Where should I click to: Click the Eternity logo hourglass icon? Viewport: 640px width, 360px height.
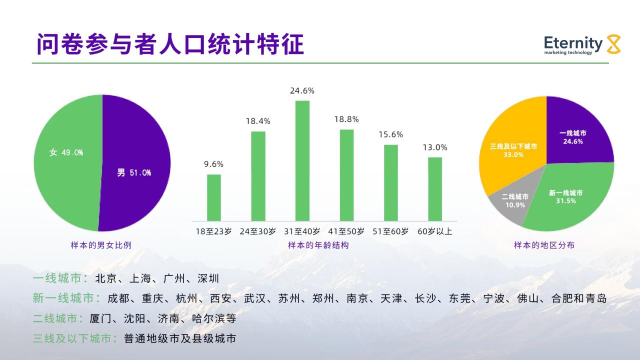pyautogui.click(x=613, y=44)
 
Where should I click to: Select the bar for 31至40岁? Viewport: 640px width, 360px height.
pyautogui.click(x=302, y=161)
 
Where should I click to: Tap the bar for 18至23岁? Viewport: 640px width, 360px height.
pyautogui.click(x=213, y=197)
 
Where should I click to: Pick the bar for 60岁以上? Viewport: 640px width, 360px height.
pyautogui.click(x=435, y=189)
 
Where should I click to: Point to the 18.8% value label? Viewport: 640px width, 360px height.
pyautogui.click(x=346, y=119)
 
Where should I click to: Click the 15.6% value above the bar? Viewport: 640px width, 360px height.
pyautogui.click(x=391, y=134)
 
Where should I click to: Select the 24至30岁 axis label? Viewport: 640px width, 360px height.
pyautogui.click(x=257, y=231)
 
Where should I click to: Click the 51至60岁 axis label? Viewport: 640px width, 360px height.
pyautogui.click(x=390, y=231)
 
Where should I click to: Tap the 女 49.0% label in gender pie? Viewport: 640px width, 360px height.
pyautogui.click(x=66, y=152)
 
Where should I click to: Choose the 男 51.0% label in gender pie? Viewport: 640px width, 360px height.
pyautogui.click(x=134, y=172)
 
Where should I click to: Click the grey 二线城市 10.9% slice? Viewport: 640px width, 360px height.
pyautogui.click(x=511, y=197)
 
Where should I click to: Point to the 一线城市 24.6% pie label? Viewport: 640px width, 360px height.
pyautogui.click(x=573, y=137)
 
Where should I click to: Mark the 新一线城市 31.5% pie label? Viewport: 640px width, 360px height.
pyautogui.click(x=565, y=197)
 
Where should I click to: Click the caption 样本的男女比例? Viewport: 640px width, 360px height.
pyautogui.click(x=101, y=245)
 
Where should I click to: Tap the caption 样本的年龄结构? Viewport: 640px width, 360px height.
pyautogui.click(x=318, y=245)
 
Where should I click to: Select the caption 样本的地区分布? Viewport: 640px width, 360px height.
pyautogui.click(x=544, y=245)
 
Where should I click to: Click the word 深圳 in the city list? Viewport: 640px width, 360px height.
pyautogui.click(x=208, y=278)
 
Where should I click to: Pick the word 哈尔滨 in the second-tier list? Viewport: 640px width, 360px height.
pyautogui.click(x=208, y=318)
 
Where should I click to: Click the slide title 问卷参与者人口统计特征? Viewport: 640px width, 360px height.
pyautogui.click(x=170, y=44)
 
